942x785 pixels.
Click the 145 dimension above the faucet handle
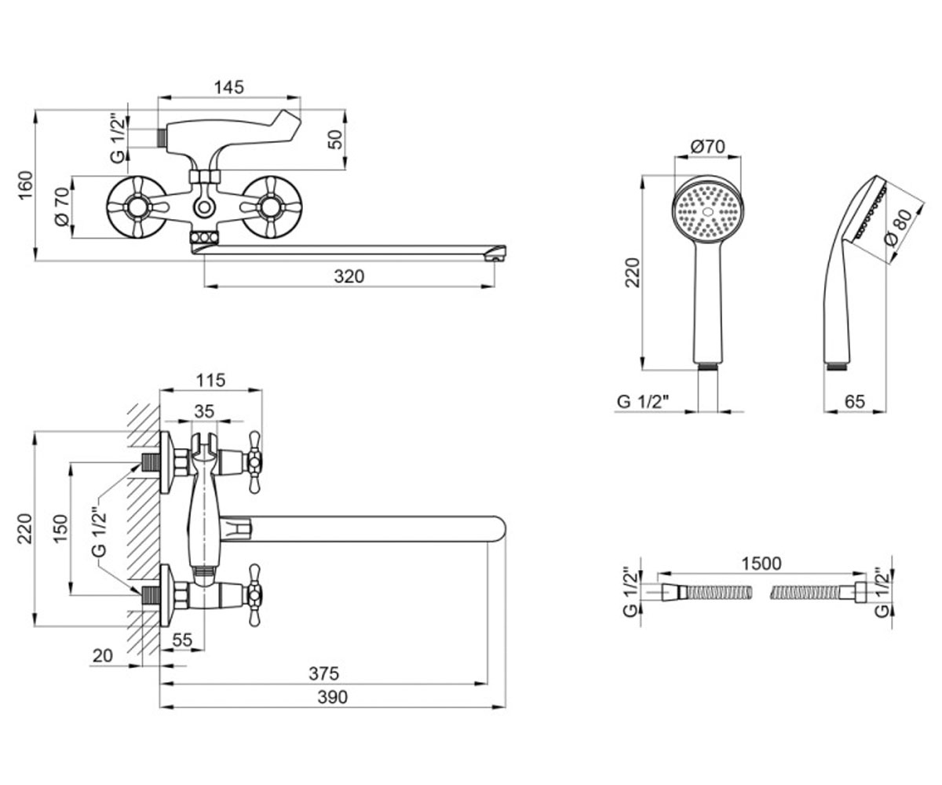tap(228, 87)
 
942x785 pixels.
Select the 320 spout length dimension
tap(349, 276)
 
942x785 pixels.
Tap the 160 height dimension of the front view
tap(26, 185)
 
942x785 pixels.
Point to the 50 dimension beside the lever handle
tap(334, 140)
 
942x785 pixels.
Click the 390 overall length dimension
tap(333, 697)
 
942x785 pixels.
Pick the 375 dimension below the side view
tap(323, 674)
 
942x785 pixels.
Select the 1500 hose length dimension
tap(761, 564)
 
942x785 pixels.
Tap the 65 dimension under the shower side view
tap(855, 401)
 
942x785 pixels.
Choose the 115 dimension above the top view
tap(210, 380)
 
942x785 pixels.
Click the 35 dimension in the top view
tap(204, 411)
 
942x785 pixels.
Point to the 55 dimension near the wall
tap(183, 640)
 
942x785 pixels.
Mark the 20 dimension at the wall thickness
tap(102, 655)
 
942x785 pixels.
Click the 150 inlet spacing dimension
tap(60, 528)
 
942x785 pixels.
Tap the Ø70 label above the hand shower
tap(708, 146)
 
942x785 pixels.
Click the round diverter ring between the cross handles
tap(204, 208)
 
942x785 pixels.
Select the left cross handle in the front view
tap(137, 207)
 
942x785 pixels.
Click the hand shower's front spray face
tap(709, 210)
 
